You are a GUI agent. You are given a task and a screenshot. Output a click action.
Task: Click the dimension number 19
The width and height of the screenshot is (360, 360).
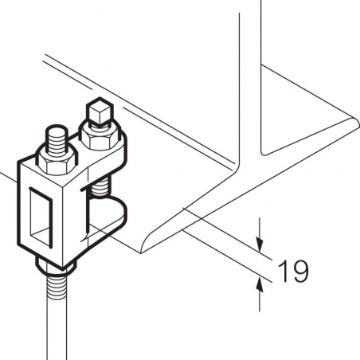click(x=293, y=271)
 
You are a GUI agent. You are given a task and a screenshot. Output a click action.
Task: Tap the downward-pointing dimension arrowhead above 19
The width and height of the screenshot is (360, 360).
click(x=260, y=245)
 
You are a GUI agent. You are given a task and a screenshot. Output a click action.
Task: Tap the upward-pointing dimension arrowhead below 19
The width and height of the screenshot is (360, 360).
click(x=260, y=284)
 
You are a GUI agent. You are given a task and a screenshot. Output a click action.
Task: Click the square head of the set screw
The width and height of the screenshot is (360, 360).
click(x=100, y=111)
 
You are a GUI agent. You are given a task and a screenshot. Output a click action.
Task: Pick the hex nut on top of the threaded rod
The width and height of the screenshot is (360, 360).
click(x=57, y=162)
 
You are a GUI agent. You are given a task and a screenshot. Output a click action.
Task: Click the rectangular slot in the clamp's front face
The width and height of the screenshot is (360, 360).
click(x=40, y=216)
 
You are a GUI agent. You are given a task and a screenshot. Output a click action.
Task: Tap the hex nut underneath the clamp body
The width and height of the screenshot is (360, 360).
click(x=57, y=267)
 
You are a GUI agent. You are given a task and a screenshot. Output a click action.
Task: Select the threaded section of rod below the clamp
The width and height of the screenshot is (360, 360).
click(x=57, y=286)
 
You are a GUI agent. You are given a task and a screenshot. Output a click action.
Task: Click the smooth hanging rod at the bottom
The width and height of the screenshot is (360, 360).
click(x=57, y=329)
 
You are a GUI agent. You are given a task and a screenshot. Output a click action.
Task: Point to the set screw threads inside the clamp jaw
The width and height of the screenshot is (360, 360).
click(x=100, y=187)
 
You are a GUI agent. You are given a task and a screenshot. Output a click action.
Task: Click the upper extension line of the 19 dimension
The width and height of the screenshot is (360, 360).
click(x=228, y=233)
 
